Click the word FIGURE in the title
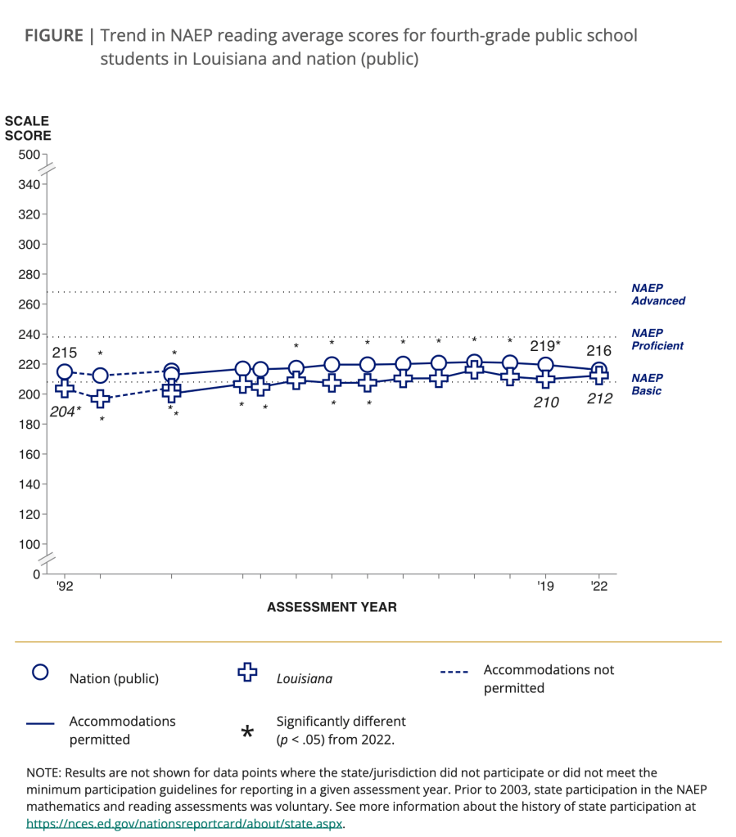pyautogui.click(x=53, y=36)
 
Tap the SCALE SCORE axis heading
pyautogui.click(x=28, y=128)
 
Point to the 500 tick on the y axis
pyautogui.click(x=29, y=155)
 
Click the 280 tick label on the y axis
pyautogui.click(x=29, y=274)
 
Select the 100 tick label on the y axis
pyautogui.click(x=29, y=544)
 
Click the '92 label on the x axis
pyautogui.click(x=65, y=586)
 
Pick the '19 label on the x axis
pyautogui.click(x=545, y=586)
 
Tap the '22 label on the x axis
pyautogui.click(x=599, y=586)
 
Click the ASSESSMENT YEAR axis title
pyautogui.click(x=332, y=607)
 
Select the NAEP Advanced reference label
pyautogui.click(x=658, y=295)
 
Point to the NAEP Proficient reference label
pyautogui.click(x=658, y=340)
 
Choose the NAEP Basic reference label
pyautogui.click(x=647, y=385)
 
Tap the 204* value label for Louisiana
pyautogui.click(x=65, y=412)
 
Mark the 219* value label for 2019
pyautogui.click(x=545, y=346)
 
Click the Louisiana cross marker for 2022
pyautogui.click(x=599, y=377)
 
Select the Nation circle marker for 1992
pyautogui.click(x=65, y=372)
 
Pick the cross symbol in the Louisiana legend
pyautogui.click(x=246, y=673)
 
